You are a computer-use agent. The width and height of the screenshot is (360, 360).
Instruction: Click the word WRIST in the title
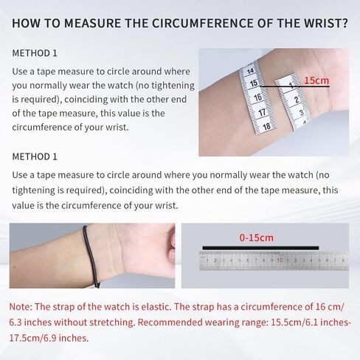[325, 23]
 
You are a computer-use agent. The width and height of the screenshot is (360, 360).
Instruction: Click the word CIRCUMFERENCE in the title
[203, 23]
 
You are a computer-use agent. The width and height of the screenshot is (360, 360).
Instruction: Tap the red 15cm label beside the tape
[316, 80]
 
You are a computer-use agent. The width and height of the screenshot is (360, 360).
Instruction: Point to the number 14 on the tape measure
[250, 71]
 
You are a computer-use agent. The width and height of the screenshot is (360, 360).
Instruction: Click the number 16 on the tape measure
[257, 97]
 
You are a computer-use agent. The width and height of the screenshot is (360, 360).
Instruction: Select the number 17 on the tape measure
[262, 112]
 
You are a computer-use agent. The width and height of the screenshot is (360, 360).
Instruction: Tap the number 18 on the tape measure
[266, 127]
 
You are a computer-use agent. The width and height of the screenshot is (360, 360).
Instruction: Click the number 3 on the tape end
[302, 113]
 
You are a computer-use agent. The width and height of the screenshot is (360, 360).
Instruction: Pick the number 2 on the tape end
[297, 100]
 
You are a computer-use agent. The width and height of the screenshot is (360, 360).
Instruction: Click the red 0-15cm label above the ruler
[256, 238]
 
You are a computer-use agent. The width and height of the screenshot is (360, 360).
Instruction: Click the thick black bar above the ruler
[260, 248]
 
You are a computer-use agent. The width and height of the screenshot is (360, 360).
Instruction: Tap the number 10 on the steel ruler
[280, 260]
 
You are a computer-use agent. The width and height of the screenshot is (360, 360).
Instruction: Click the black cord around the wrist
[90, 256]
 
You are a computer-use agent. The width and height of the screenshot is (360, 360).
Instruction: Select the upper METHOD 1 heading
[35, 53]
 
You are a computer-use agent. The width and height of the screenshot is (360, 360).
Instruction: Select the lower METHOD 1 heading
[35, 156]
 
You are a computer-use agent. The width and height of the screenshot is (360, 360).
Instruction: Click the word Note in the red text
[21, 307]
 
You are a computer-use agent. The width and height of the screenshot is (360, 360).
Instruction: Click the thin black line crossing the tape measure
[294, 86]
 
